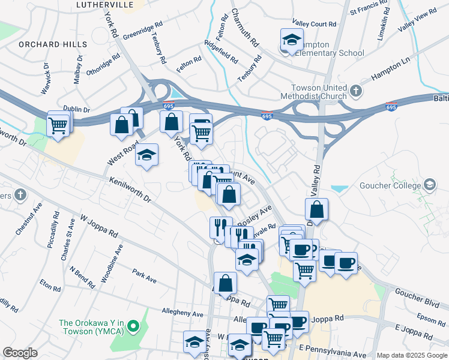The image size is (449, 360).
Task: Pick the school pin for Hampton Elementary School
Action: (x=292, y=41)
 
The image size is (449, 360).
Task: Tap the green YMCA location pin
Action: (x=134, y=327)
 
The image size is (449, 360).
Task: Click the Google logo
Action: (x=20, y=353)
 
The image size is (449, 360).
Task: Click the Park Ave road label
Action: (x=144, y=279)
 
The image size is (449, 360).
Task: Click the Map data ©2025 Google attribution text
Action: (x=412, y=355)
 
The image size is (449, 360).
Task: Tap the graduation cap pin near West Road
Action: (x=146, y=156)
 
